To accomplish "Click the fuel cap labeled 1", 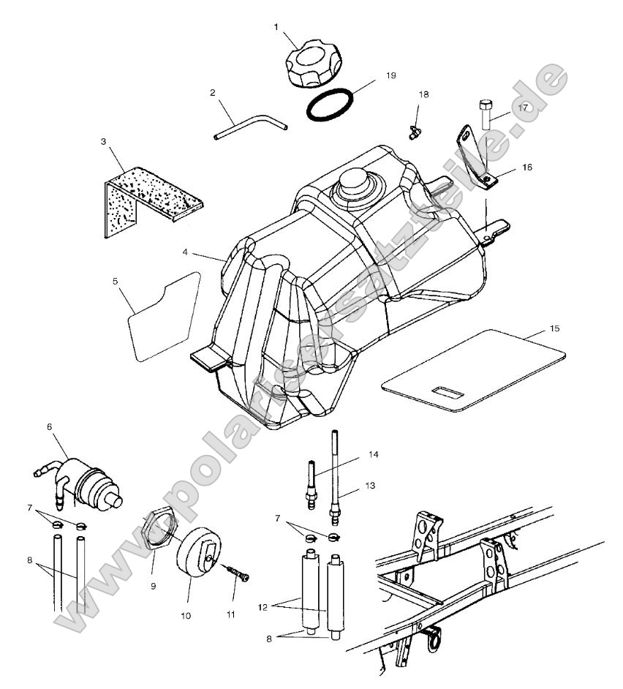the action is pos(314,64).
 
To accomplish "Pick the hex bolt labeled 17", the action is pos(486,114).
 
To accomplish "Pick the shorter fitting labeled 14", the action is pos(312,485).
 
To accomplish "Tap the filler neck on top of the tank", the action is pos(355,183).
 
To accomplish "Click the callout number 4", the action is pos(186,252).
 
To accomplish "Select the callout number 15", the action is pos(554,328).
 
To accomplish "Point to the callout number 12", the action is pos(263,608).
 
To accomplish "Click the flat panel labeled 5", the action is pos(165,317).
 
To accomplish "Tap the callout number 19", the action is pos(390,75).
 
